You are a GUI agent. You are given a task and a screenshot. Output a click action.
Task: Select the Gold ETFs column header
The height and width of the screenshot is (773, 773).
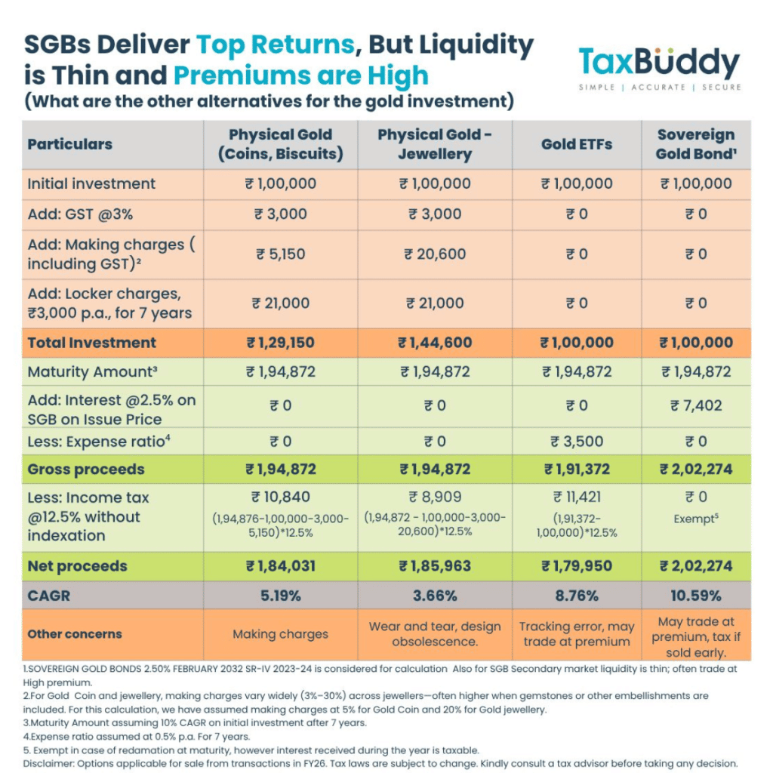576,144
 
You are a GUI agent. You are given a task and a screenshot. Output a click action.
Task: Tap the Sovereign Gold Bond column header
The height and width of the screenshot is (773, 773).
696,144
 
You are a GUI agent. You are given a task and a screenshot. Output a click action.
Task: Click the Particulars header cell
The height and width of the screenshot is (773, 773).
69,144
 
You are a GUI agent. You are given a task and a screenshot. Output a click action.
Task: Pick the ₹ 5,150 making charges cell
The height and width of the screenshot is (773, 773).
280,254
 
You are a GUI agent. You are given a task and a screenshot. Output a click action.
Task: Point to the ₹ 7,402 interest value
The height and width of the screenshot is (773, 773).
696,405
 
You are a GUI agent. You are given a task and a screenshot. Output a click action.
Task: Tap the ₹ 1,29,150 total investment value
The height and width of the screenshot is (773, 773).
280,343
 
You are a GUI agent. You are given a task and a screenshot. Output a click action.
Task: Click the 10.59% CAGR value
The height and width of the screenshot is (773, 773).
696,596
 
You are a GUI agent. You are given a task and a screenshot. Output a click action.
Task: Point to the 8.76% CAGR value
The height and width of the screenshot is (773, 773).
576,596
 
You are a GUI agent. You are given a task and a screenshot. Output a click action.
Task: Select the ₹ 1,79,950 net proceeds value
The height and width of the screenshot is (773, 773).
576,566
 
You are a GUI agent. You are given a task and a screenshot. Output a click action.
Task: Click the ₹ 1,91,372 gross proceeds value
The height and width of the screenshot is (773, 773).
576,470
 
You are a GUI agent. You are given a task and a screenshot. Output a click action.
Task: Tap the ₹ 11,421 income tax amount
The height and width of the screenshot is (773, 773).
576,497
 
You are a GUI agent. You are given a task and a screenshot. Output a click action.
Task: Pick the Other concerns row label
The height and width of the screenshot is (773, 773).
75,634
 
